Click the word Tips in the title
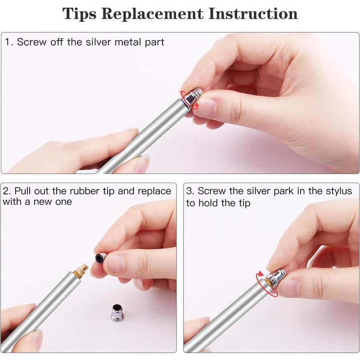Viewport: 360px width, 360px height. click(x=80, y=13)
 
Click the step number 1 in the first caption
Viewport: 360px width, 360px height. click(x=8, y=42)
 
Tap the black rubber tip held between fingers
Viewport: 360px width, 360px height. click(x=99, y=258)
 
